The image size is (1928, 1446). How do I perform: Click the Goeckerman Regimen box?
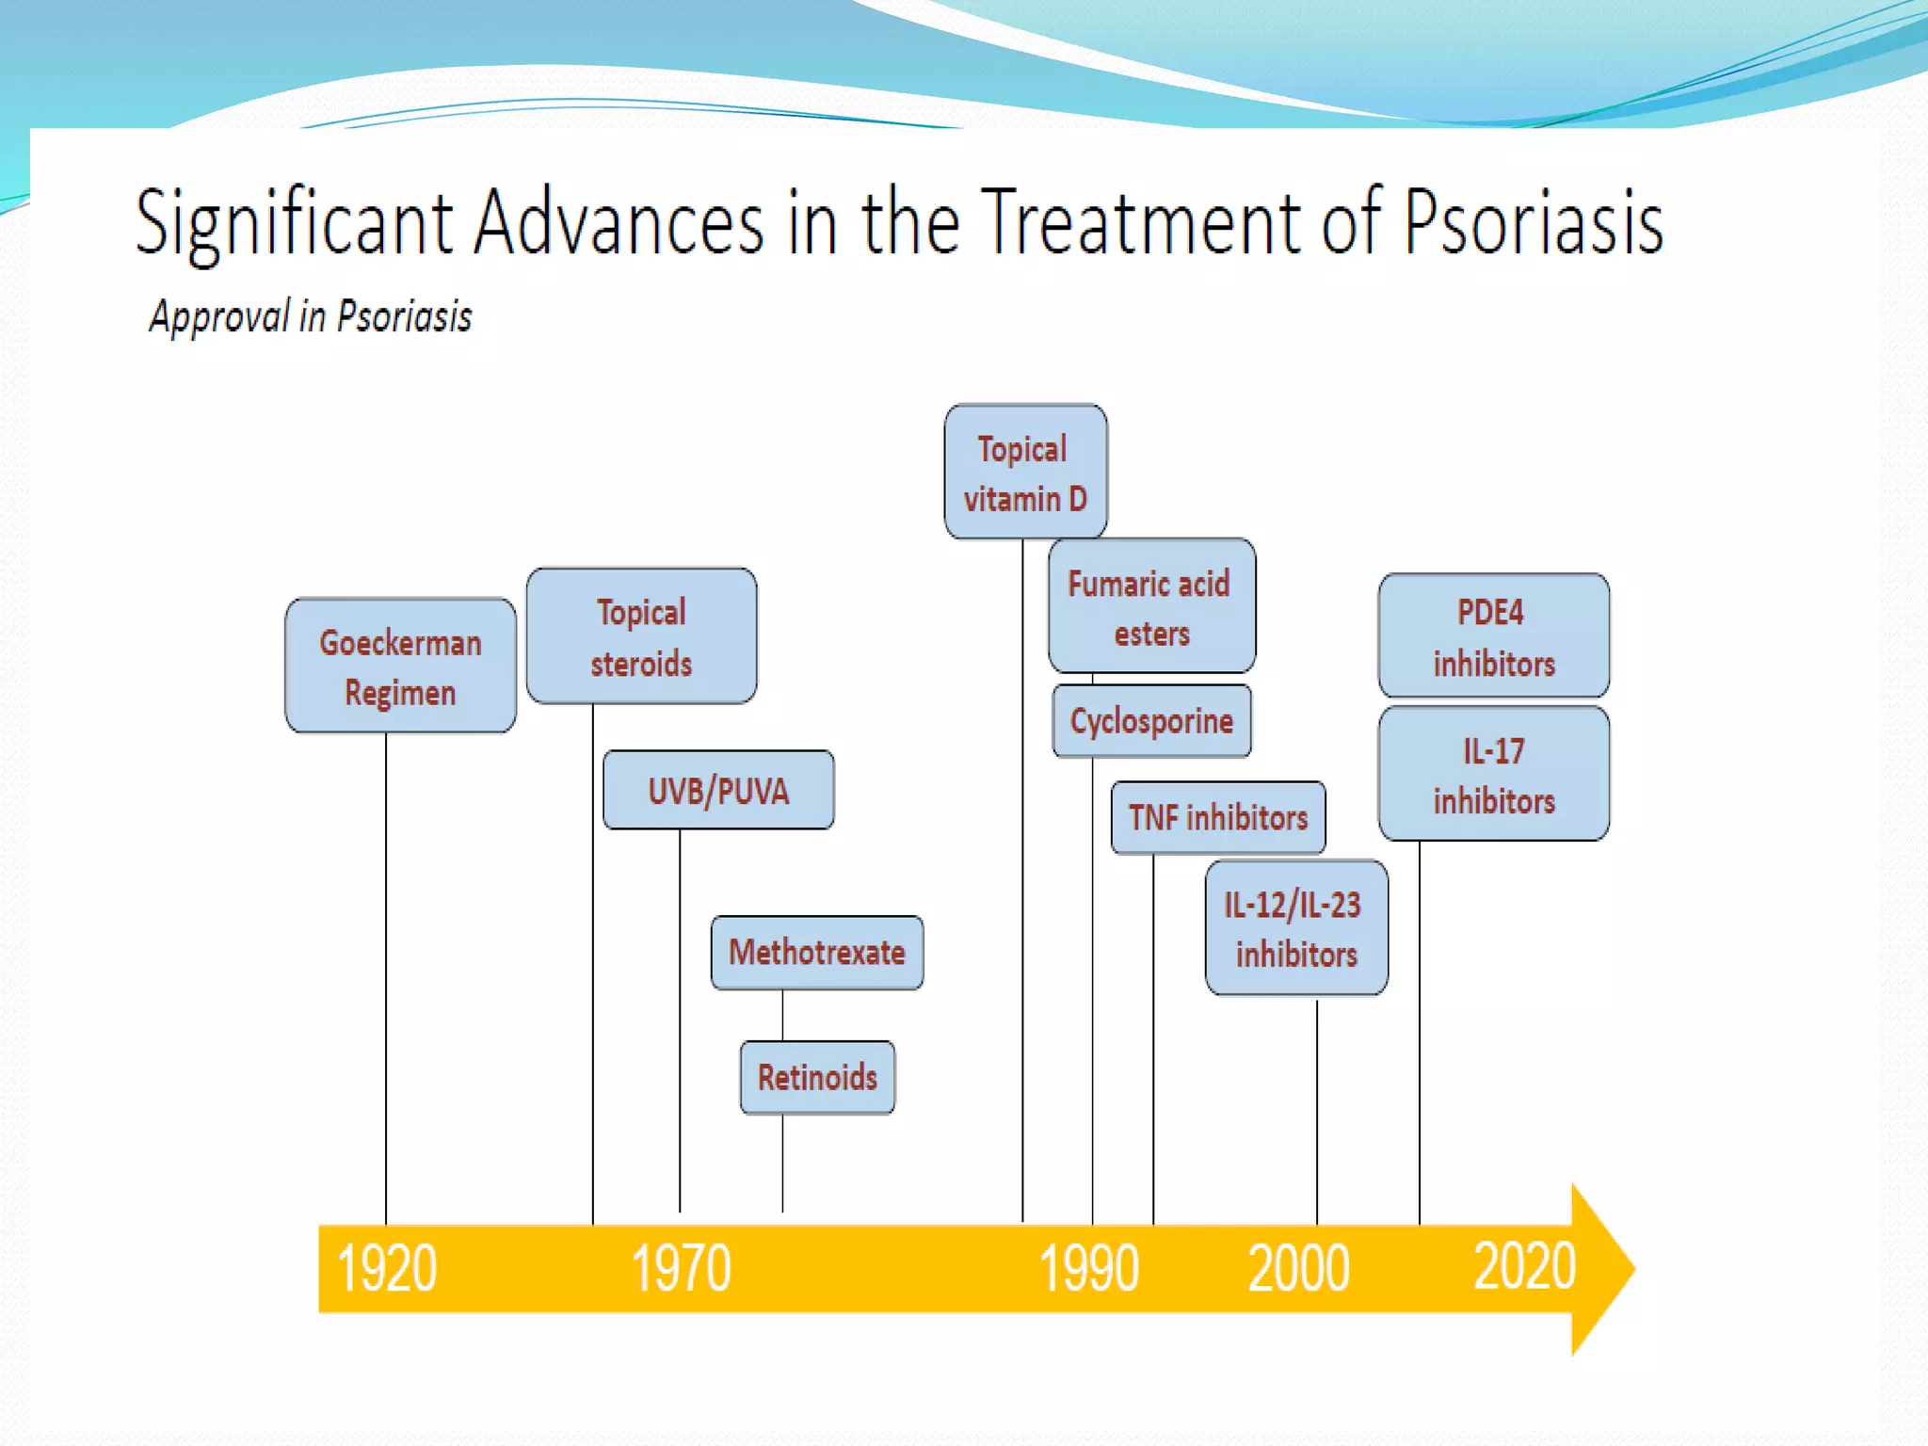400,666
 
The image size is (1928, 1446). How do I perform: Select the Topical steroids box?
641,636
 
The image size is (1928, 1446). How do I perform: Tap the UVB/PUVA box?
718,790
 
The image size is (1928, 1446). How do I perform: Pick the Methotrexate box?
817,952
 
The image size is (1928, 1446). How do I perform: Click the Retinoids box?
817,1077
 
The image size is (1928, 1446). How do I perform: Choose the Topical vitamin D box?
1025,472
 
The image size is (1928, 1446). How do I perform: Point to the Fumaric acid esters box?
1150,606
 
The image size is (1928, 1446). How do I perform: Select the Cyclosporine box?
1151,721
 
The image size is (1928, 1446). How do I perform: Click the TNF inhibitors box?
1218,817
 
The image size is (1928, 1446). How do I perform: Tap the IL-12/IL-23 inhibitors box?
1296,928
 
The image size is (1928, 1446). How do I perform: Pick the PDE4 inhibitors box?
1493,636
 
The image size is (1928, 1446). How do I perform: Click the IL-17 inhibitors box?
1493,774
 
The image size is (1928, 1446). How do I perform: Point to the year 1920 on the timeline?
387,1268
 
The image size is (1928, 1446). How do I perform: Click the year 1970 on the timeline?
681,1268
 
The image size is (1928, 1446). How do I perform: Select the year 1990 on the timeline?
1089,1268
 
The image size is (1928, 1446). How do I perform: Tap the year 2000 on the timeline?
1298,1268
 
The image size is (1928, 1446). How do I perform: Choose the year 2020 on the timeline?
1524,1266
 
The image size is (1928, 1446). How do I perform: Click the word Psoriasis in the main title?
1534,224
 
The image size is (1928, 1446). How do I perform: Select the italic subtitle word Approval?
219,317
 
